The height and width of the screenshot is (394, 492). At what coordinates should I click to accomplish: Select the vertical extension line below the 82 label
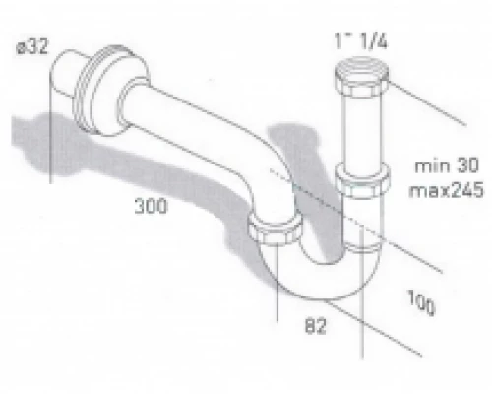tap(363, 335)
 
